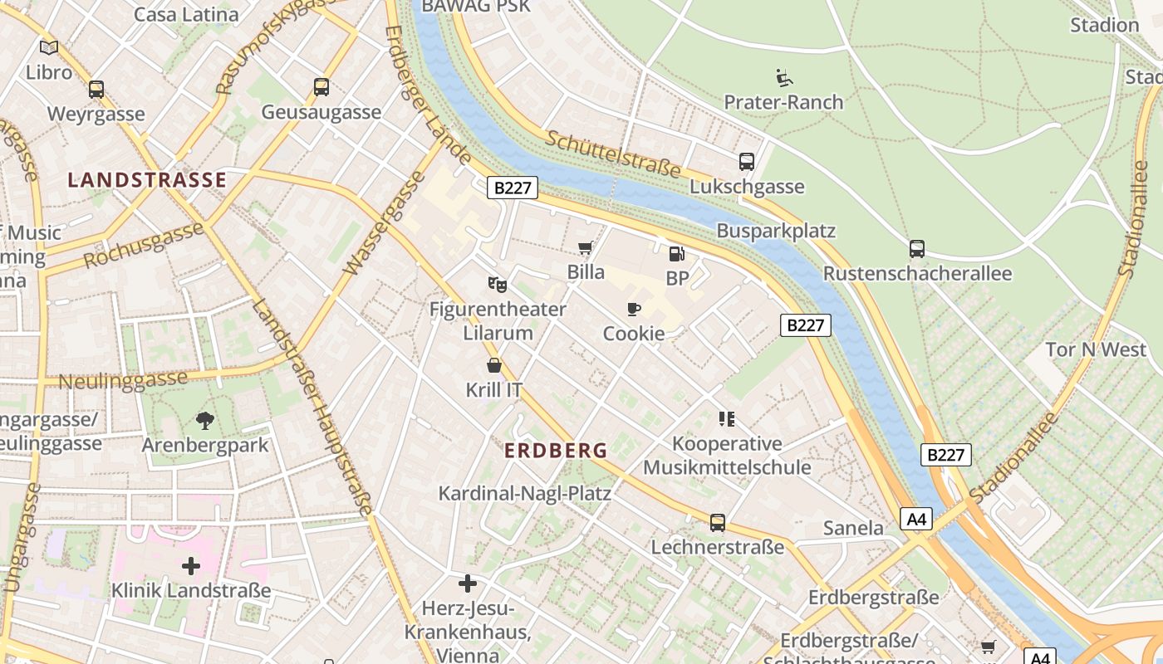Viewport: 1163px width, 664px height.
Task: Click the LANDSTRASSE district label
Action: (147, 180)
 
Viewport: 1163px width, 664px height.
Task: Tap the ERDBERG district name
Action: (556, 451)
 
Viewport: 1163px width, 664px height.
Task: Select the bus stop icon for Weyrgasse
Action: (96, 90)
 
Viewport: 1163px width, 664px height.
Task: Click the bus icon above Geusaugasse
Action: (321, 87)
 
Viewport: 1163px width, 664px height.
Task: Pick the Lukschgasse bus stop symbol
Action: (747, 162)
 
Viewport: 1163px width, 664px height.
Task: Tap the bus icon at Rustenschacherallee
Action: (917, 249)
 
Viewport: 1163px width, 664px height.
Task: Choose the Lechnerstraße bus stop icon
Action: (718, 523)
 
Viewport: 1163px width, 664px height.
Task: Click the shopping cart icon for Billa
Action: (586, 247)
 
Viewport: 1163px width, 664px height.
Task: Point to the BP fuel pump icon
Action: (677, 254)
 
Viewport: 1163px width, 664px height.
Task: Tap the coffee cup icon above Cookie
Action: (634, 310)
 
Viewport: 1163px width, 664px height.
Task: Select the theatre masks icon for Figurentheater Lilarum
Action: (498, 285)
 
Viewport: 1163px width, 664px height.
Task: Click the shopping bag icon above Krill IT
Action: (494, 365)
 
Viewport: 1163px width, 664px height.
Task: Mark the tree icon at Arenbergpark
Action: (205, 421)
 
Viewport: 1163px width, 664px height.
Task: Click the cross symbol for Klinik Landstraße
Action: (191, 567)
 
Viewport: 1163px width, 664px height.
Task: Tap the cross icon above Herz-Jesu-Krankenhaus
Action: (468, 583)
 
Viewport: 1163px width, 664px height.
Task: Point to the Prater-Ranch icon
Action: (783, 78)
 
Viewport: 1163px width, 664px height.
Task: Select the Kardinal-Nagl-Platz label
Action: (524, 494)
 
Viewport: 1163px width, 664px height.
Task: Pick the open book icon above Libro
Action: (49, 48)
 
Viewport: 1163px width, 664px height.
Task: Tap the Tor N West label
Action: (1095, 349)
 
